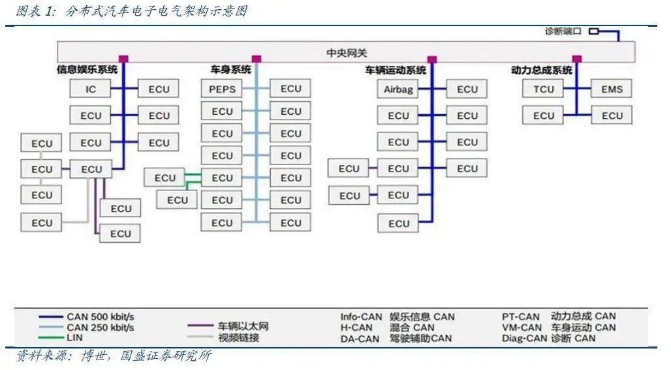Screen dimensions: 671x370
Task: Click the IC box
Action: tap(90, 89)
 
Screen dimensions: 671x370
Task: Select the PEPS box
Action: tap(222, 89)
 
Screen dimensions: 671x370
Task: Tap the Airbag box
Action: tap(398, 89)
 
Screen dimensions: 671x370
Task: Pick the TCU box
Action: tap(543, 89)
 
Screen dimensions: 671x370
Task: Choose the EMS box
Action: tap(612, 89)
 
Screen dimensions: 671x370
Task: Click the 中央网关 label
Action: tap(347, 53)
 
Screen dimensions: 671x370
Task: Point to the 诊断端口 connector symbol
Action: tap(593, 31)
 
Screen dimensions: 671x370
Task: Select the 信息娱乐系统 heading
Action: tap(87, 70)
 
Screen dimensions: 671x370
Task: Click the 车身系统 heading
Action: tap(230, 70)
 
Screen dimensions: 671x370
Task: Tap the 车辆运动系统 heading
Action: tap(396, 70)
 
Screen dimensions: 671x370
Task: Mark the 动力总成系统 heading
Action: tap(541, 70)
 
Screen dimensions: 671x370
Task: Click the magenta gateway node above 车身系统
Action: tap(257, 59)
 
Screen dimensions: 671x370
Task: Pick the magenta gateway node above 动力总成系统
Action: tap(577, 59)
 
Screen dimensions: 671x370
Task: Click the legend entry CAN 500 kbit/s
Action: tap(100, 317)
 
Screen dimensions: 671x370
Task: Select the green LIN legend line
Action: tap(51, 338)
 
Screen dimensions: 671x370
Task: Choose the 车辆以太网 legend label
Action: tap(243, 326)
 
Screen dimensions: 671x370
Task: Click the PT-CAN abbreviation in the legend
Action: tap(521, 317)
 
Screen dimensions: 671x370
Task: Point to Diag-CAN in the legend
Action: tap(525, 338)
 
